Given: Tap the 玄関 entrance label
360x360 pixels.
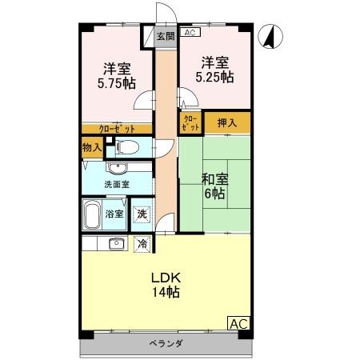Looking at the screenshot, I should tap(164, 35).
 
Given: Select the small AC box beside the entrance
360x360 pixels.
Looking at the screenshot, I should tap(189, 33).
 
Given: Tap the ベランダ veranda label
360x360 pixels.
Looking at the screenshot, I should tap(166, 344).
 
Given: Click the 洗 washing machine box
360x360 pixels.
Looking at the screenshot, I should tap(142, 214).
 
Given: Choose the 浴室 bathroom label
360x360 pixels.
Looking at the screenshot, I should tap(114, 214).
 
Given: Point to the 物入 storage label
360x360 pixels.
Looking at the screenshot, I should tap(91, 147).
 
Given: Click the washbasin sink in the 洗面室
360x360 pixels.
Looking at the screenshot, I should tap(117, 168).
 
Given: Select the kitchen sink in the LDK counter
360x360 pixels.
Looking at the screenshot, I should tap(114, 244).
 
